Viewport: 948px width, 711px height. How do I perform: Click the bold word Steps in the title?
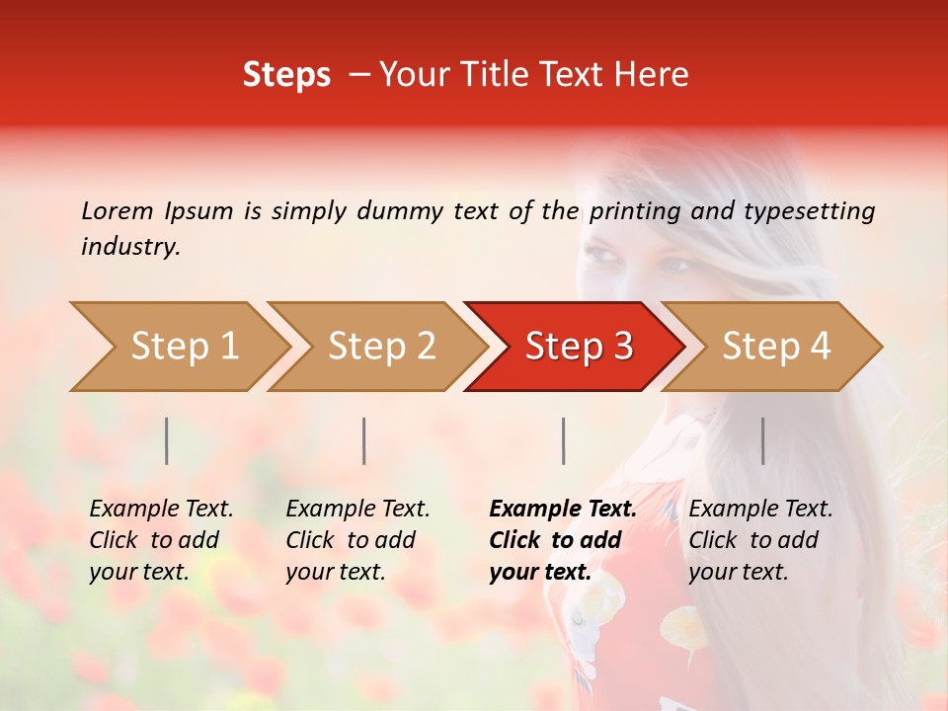pyautogui.click(x=286, y=75)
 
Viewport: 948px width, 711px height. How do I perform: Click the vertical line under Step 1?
pyautogui.click(x=167, y=440)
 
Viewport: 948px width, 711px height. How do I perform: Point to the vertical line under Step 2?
pyautogui.click(x=364, y=440)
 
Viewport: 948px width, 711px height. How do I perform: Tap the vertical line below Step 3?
pyautogui.click(x=563, y=440)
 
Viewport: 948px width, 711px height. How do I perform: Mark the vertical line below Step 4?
pyautogui.click(x=762, y=440)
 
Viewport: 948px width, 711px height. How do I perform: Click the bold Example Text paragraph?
pyautogui.click(x=562, y=540)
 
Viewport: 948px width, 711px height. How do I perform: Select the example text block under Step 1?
pyautogui.click(x=160, y=540)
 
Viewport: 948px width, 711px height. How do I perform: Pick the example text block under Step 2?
pyautogui.click(x=357, y=540)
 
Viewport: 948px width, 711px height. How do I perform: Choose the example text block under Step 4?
pyautogui.click(x=759, y=540)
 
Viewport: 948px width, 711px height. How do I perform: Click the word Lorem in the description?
pyautogui.click(x=117, y=210)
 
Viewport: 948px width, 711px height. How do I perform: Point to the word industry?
pyautogui.click(x=129, y=247)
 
